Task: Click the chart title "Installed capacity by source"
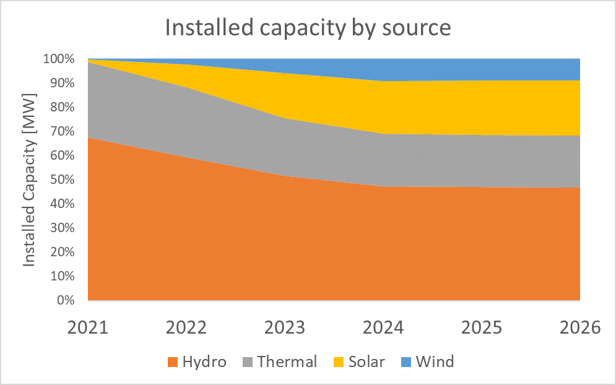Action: (308, 28)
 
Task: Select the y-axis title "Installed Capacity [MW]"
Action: (29, 180)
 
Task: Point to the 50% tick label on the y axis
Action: (62, 180)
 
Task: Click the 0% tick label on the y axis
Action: (66, 301)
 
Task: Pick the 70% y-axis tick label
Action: (62, 132)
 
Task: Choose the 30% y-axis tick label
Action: (62, 228)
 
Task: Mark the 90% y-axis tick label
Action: (62, 84)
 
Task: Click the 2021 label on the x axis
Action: (88, 327)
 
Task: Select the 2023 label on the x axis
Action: (285, 327)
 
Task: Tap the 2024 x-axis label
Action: (383, 327)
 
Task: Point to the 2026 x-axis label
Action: (579, 327)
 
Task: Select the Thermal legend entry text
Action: (286, 362)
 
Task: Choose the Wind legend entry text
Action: (435, 362)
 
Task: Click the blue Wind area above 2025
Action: (482, 69)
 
